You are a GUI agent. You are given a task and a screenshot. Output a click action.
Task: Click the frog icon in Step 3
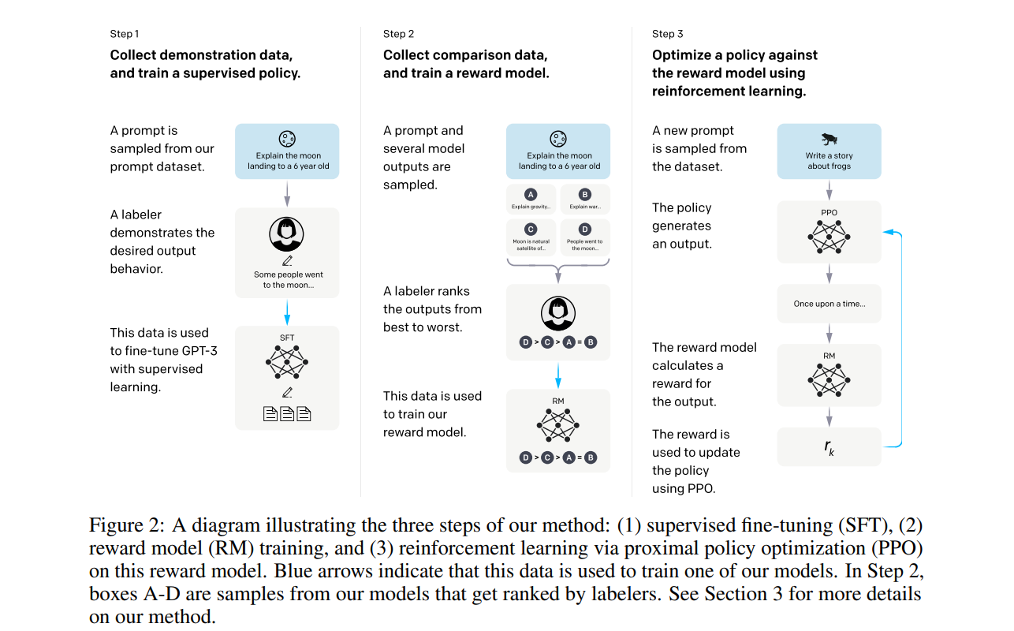[829, 139]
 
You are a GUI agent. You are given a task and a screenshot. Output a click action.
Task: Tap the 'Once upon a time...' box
[829, 304]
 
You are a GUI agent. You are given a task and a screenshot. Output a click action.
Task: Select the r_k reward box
[829, 447]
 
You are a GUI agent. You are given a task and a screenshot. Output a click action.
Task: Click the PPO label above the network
[829, 212]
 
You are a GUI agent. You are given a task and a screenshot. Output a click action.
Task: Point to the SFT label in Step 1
[287, 338]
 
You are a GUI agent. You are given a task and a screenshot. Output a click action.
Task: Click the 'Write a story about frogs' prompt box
[829, 150]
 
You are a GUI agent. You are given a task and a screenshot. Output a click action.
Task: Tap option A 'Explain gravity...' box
[530, 200]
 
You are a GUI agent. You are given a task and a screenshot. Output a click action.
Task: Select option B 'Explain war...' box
[584, 200]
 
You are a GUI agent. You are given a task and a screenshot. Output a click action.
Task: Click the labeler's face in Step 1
[287, 233]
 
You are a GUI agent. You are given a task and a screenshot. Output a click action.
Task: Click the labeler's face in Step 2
[558, 312]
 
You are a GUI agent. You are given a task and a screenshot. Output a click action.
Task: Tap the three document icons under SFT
[287, 413]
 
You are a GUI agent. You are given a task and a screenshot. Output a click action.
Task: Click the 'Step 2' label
[399, 34]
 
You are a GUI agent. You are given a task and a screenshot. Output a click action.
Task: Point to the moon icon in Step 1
[287, 138]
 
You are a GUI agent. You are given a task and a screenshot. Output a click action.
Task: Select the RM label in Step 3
[829, 356]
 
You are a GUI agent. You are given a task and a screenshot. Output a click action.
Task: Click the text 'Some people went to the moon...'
[288, 279]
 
